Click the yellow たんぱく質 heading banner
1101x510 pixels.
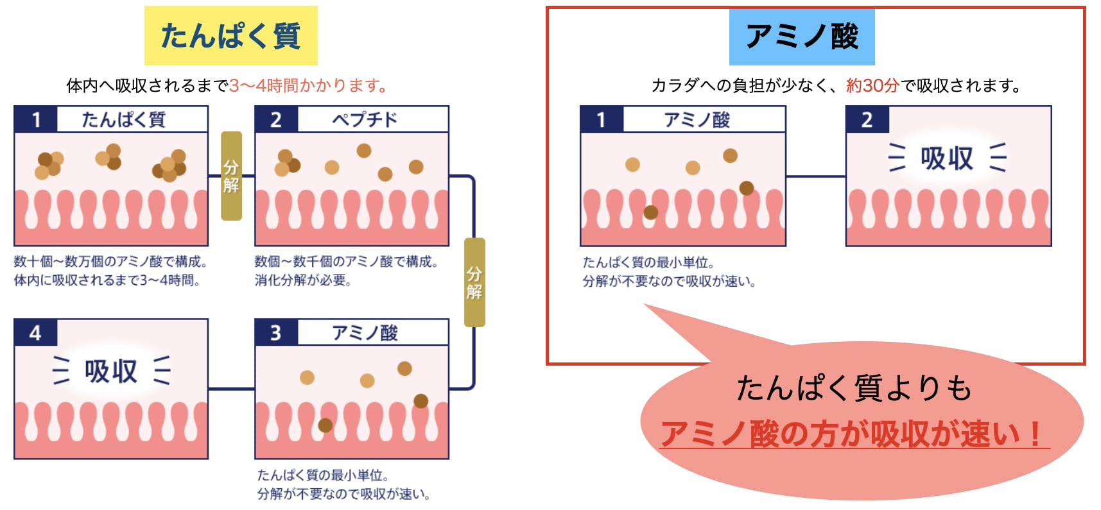[230, 35]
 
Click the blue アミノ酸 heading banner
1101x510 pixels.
[801, 37]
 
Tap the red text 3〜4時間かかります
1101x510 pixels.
[308, 85]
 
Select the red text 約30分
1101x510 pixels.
[872, 85]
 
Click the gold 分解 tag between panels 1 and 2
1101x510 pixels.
[231, 176]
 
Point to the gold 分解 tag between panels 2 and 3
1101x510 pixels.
[474, 282]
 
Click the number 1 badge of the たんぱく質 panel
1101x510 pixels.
[36, 119]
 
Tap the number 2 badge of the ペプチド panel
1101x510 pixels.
[276, 119]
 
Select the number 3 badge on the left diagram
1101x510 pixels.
[276, 332]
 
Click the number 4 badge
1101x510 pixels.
[36, 332]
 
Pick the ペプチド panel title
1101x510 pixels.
[365, 119]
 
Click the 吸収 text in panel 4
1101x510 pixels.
[111, 371]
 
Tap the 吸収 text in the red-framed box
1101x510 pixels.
[947, 158]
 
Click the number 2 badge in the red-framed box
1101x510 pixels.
[867, 119]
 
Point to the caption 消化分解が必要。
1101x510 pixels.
[302, 280]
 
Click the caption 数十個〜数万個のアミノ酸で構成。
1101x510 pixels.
[110, 262]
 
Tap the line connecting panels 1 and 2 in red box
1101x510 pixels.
[815, 176]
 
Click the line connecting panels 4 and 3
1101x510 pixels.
[231, 389]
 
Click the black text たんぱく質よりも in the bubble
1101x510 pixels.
[854, 389]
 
